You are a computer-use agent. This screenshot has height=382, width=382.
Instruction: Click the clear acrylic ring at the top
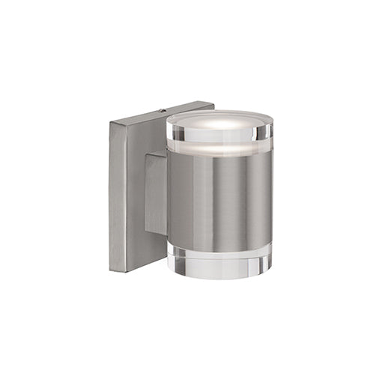219,135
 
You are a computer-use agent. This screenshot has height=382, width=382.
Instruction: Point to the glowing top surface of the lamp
219,120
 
